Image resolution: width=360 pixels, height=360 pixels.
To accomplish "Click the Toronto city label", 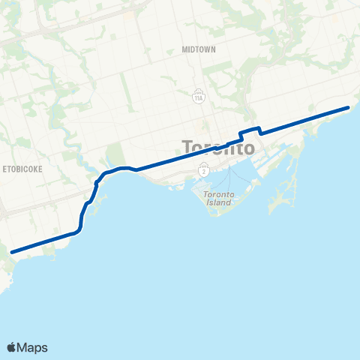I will (x=218, y=147).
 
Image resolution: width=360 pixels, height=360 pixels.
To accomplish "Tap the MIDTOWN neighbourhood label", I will (x=199, y=49).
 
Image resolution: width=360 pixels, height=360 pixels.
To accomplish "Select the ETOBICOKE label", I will (x=22, y=169).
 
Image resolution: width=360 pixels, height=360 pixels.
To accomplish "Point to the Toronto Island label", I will (x=219, y=199).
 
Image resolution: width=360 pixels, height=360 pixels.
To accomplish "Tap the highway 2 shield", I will (x=205, y=170).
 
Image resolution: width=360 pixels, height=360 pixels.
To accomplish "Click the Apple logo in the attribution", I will (x=12, y=347).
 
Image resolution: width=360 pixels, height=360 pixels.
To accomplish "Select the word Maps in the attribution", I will (x=34, y=347).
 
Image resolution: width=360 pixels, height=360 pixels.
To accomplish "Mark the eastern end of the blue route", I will (x=348, y=108).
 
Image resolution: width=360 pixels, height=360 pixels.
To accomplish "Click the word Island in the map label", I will (x=220, y=203).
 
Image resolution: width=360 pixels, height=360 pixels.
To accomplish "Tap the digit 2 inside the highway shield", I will (x=205, y=170).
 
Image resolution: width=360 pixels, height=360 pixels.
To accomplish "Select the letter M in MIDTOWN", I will (x=184, y=49).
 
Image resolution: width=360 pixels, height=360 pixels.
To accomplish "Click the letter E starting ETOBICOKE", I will (x=4, y=169).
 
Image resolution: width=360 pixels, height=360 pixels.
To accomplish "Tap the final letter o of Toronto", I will (x=249, y=148).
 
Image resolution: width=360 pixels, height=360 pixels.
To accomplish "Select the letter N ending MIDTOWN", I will (x=214, y=49).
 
